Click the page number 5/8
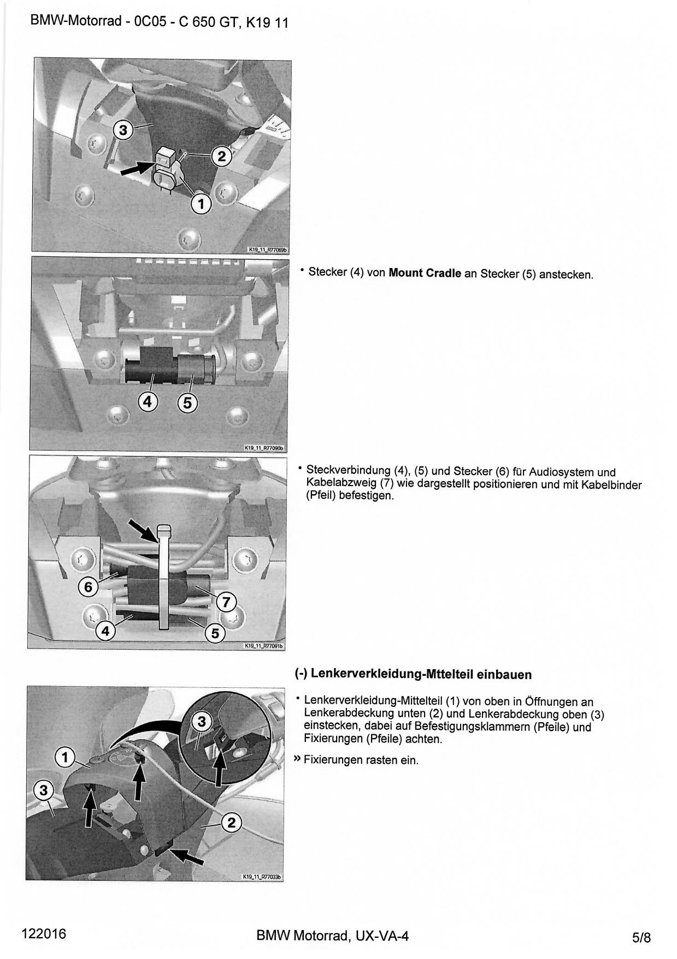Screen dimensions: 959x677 coord(641,938)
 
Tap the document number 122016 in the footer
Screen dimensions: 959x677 coord(44,933)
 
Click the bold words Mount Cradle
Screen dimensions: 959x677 coord(425,273)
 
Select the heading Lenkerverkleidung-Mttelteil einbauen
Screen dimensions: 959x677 coord(421,674)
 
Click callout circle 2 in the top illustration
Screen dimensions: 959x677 coord(221,157)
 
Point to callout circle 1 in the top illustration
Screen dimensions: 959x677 coord(201,204)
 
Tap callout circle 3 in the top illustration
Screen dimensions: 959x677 coord(123,130)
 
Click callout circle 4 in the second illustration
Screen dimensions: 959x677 coord(148,402)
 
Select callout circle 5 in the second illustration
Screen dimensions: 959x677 coord(187,403)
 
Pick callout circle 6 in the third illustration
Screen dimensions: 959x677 coord(88,587)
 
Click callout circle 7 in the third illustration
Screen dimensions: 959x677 coord(226,603)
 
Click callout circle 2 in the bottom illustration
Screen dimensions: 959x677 coord(231,822)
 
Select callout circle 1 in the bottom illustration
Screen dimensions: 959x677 coord(65,757)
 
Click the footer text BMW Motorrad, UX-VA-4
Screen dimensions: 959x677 coord(332,935)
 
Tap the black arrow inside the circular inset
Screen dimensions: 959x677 coord(219,766)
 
